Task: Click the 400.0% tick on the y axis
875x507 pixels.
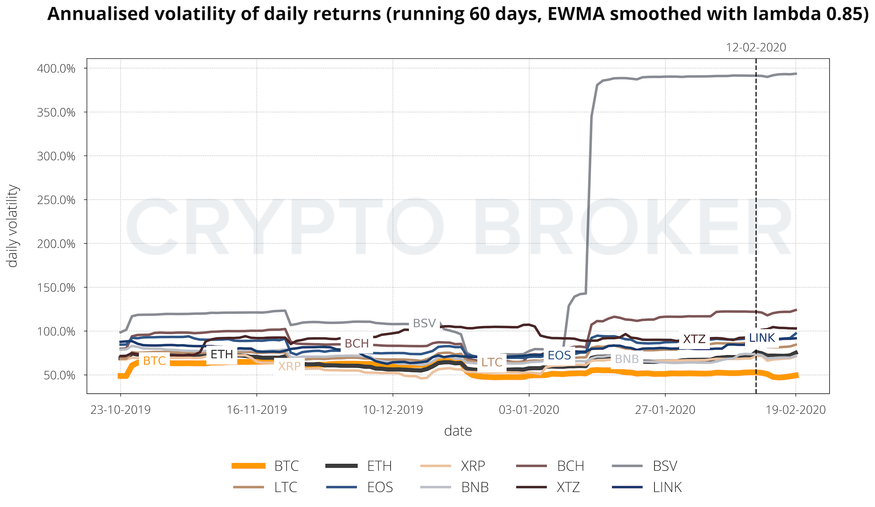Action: coord(56,69)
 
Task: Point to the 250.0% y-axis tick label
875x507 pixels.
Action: coord(56,200)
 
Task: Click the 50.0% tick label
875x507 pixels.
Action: coord(59,376)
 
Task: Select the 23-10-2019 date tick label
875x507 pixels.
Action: coord(120,410)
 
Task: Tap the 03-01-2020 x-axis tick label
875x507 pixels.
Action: coord(529,410)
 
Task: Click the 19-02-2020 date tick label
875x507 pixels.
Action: coord(796,410)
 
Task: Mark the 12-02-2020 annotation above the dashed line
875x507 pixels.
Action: coord(756,48)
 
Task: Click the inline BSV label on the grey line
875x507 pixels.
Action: coord(424,323)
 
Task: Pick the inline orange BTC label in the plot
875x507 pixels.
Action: coord(154,361)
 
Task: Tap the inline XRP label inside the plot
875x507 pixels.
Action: coord(289,366)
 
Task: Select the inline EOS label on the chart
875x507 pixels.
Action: coord(559,356)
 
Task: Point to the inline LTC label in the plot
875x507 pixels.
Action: coord(492,363)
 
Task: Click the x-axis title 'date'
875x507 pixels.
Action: coord(458,431)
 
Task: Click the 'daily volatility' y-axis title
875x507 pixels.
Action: coord(13,226)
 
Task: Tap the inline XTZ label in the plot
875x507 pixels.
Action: coord(694,339)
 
